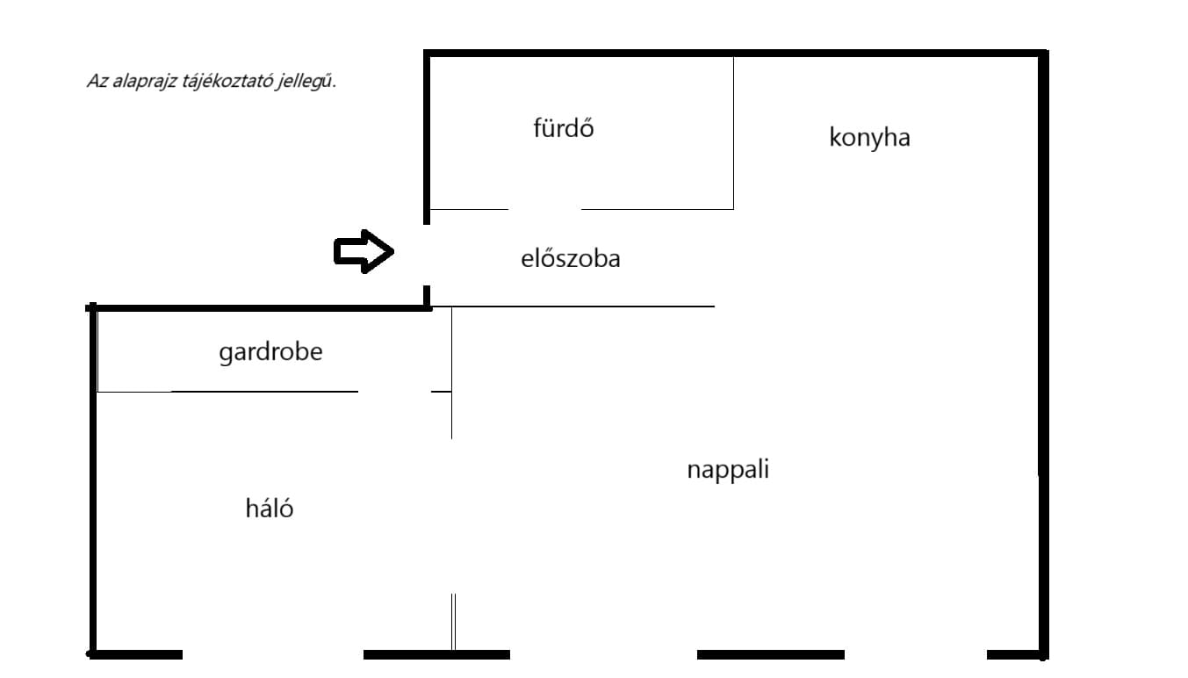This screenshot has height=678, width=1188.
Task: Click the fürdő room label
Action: click(x=564, y=129)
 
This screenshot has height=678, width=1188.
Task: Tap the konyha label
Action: click(x=869, y=138)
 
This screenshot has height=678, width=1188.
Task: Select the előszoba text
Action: click(x=570, y=259)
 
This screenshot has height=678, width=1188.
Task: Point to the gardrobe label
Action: click(x=270, y=353)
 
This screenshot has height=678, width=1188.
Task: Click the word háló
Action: click(x=269, y=508)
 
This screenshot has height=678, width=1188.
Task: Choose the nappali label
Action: click(x=728, y=470)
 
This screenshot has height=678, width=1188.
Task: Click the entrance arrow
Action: click(x=363, y=253)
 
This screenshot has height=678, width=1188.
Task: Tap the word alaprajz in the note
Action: click(x=141, y=82)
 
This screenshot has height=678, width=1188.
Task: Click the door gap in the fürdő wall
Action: click(x=544, y=210)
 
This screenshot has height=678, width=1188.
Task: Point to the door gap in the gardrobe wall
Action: click(x=394, y=392)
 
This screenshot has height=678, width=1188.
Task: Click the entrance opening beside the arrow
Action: click(x=428, y=255)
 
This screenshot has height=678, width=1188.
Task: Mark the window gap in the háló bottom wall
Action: click(x=272, y=654)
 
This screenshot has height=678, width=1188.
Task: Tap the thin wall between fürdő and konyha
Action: click(x=733, y=132)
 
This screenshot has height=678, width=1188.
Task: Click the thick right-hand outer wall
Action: click(x=1044, y=351)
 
